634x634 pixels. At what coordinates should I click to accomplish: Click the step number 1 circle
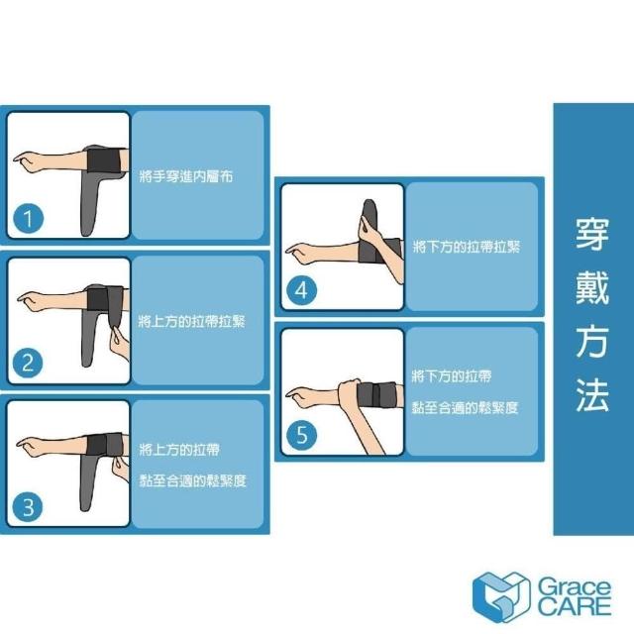[29, 218]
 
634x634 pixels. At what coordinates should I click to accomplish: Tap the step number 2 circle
[28, 363]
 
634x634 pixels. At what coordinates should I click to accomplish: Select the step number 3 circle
[28, 507]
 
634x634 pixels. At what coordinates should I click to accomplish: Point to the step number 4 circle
[301, 290]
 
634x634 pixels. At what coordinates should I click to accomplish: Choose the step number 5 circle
[301, 435]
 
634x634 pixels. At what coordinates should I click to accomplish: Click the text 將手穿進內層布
[185, 176]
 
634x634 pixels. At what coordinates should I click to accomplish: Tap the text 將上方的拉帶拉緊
[191, 322]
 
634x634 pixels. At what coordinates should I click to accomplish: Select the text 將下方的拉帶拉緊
[467, 247]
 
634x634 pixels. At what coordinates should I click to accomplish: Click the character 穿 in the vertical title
[592, 234]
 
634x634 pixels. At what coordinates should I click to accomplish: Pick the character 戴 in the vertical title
[592, 287]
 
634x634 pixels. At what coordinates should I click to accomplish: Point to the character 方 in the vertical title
[592, 341]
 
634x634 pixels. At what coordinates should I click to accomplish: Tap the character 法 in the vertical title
[592, 394]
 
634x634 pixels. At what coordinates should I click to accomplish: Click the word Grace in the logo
[575, 587]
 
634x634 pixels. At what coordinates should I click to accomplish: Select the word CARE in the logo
[575, 607]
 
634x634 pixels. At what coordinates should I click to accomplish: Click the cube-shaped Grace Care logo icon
[501, 596]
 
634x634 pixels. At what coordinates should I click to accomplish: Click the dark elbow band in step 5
[376, 394]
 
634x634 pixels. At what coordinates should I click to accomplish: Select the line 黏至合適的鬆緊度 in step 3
[192, 481]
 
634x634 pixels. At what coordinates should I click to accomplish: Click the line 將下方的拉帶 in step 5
[452, 376]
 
